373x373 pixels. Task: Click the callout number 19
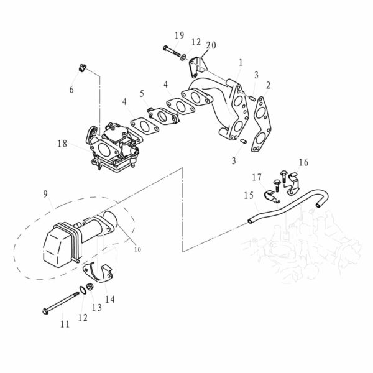click(x=179, y=36)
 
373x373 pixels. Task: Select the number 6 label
click(x=71, y=90)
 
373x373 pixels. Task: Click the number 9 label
click(x=45, y=193)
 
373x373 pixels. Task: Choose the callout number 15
click(x=249, y=195)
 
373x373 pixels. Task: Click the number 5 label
click(x=142, y=94)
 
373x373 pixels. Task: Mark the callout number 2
click(x=267, y=85)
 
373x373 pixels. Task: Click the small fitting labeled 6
click(x=82, y=67)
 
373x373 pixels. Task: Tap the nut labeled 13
click(x=90, y=288)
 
